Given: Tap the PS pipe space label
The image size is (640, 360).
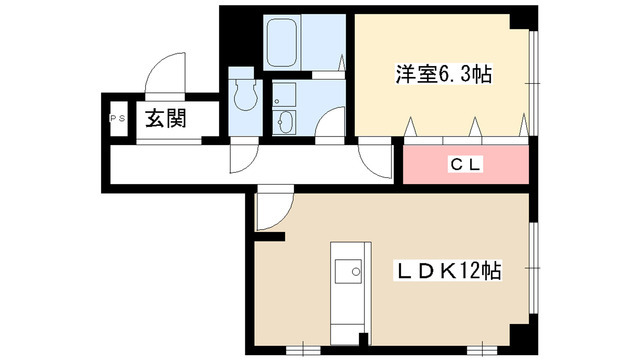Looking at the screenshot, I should tap(115, 118).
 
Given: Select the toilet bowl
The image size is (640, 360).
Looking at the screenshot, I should tap(243, 95).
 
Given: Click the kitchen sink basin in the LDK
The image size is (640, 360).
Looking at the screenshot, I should tap(349, 272).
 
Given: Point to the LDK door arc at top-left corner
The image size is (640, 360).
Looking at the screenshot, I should tap(270, 210).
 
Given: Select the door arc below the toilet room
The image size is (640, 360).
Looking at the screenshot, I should tap(244, 158).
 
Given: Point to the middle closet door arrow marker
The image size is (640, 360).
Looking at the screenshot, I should tap(475, 126).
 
